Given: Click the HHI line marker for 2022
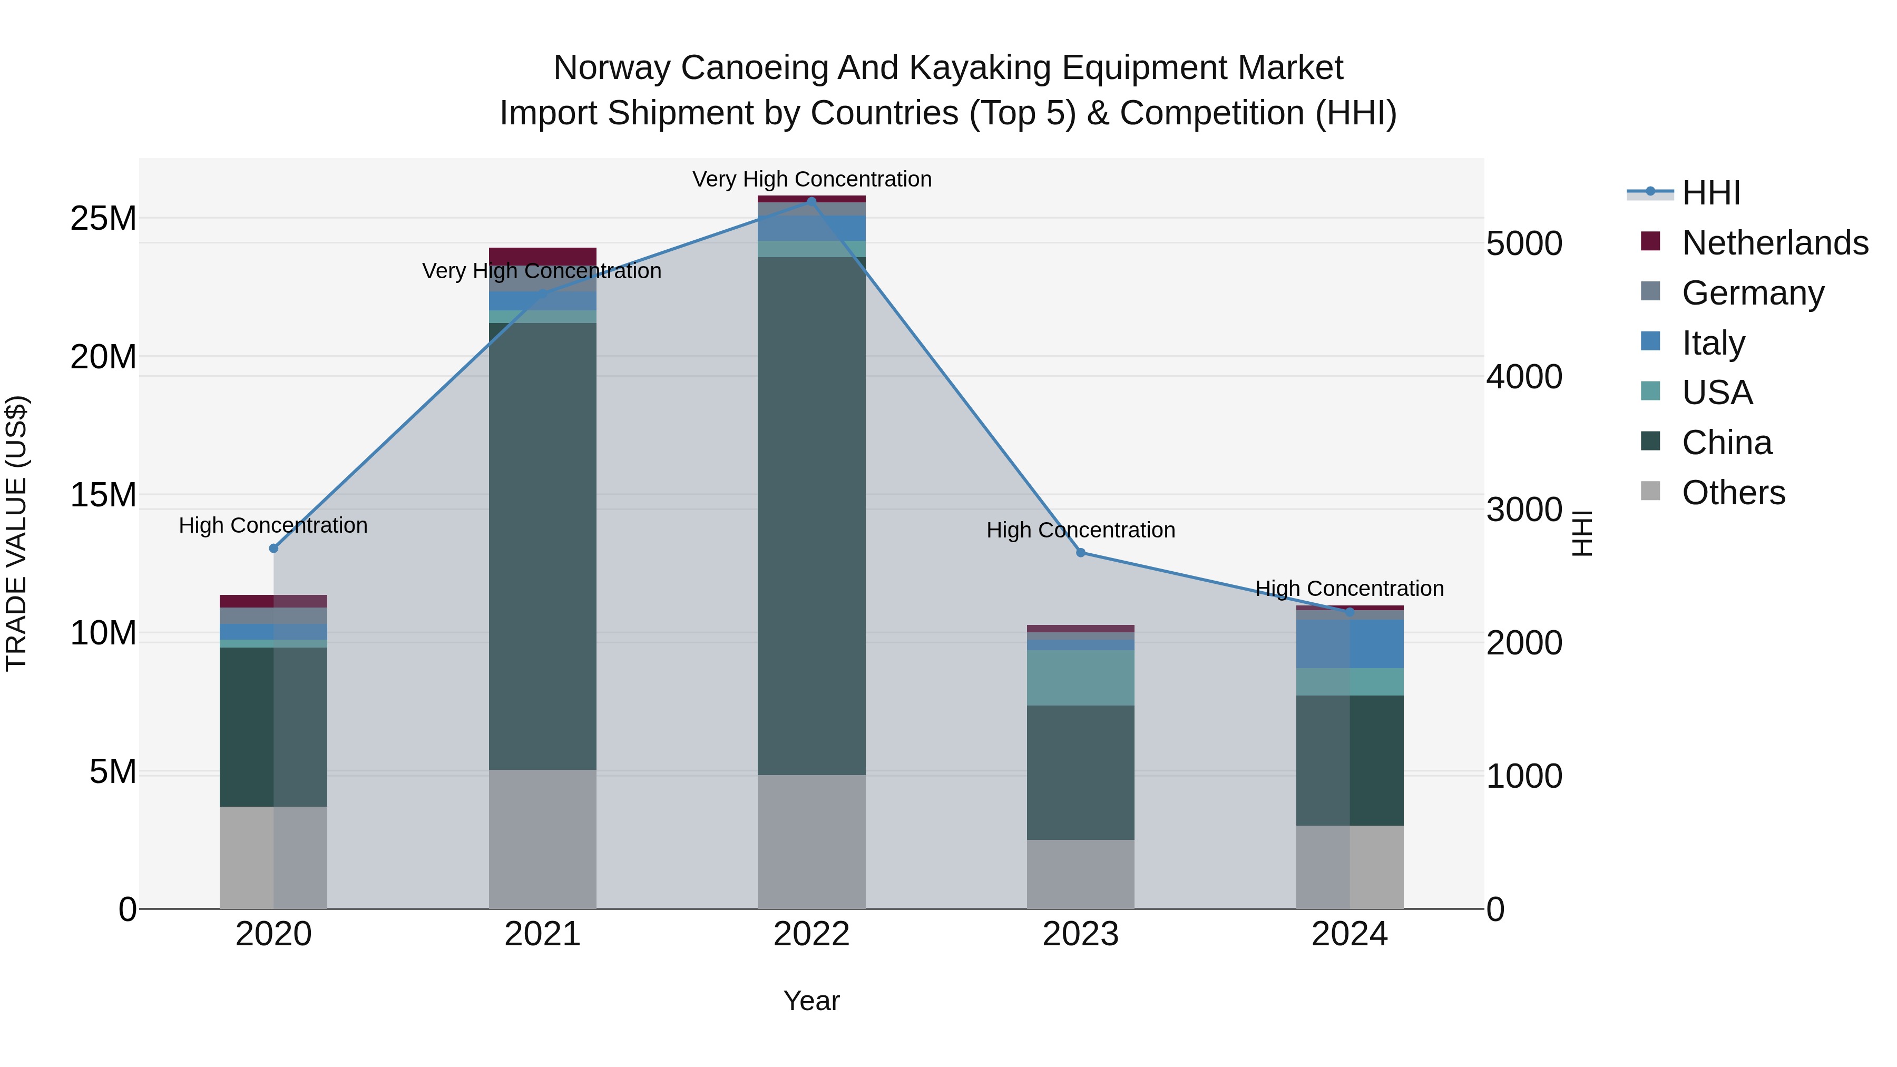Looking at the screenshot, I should pos(811,201).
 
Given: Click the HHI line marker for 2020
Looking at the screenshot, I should pos(273,548).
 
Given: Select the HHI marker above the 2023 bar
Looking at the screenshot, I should pos(1080,552).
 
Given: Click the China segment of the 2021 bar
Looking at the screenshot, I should pos(542,545).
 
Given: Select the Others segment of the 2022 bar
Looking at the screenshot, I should pos(811,841).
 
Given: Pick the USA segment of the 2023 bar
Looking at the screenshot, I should pos(1080,678).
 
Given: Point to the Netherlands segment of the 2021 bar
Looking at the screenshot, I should pos(542,256).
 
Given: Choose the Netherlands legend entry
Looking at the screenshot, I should pos(1775,243).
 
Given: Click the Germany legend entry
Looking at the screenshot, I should pos(1753,293).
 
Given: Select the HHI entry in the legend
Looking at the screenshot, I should pos(1710,193).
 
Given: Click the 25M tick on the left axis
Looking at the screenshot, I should pos(103,219).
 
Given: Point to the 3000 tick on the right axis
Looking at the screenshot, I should pos(1523,510).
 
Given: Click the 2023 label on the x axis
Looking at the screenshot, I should pos(1080,934).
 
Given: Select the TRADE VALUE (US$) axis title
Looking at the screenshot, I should pos(16,533).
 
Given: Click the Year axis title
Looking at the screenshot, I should pos(811,1001).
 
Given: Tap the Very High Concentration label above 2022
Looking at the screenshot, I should pos(811,179).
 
